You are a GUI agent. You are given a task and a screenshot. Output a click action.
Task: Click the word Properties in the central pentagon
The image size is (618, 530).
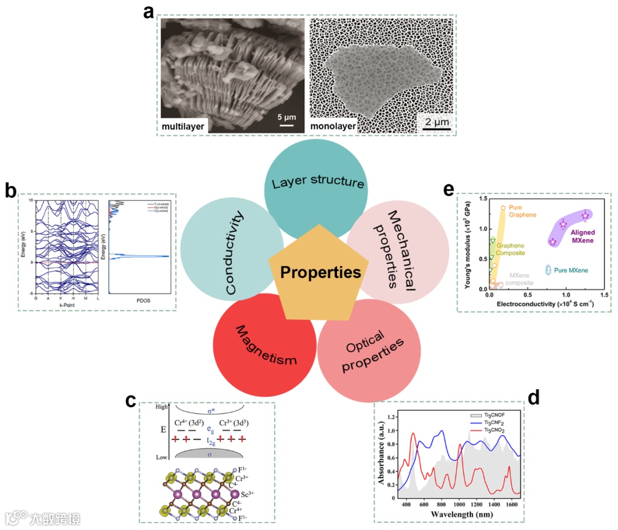point(320,272)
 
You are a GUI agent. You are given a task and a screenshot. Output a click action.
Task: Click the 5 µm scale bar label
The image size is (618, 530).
point(286,117)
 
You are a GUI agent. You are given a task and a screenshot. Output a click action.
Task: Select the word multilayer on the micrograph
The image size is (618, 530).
point(184,125)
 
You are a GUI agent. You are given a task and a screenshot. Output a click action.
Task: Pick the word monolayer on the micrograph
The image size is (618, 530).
point(332,125)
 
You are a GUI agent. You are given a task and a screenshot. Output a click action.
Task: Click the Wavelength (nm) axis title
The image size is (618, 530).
point(451,514)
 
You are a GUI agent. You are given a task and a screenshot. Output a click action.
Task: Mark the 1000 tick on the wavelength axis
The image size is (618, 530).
point(458,504)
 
